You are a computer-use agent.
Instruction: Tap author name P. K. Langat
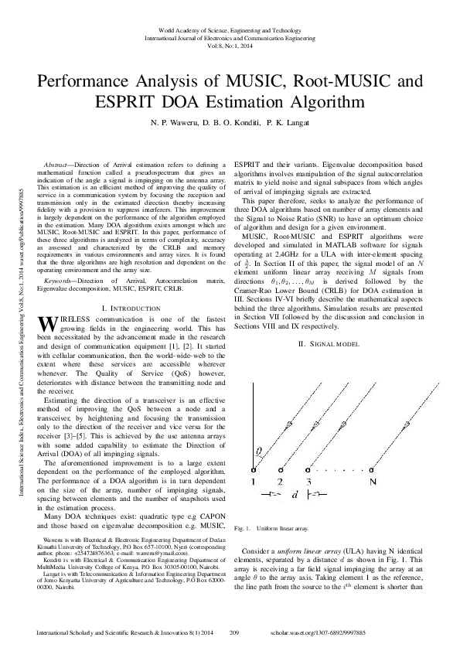pyautogui.click(x=297, y=122)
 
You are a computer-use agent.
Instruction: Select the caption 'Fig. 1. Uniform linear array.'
pyautogui.click(x=271, y=529)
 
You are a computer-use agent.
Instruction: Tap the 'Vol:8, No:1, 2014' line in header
pyautogui.click(x=230, y=46)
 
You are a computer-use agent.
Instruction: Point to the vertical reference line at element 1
pyautogui.click(x=253, y=425)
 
